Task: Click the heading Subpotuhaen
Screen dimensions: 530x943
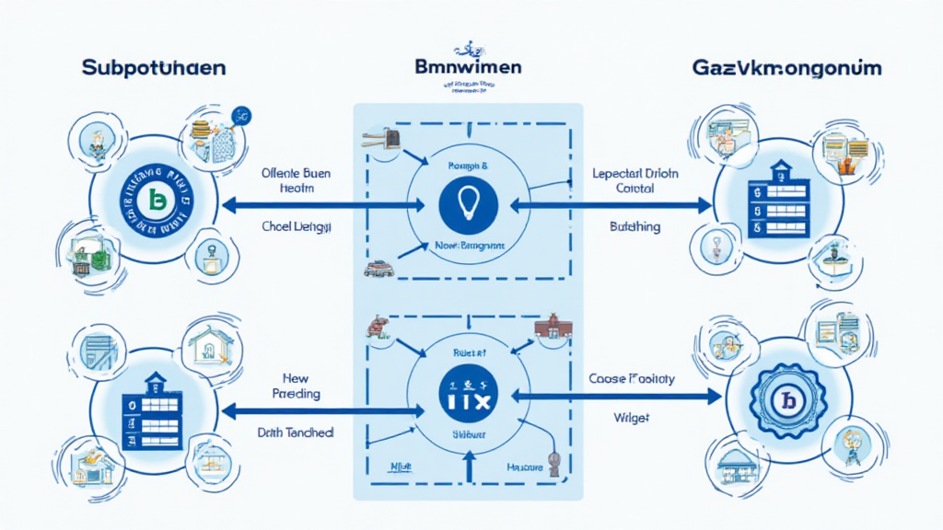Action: tap(152, 69)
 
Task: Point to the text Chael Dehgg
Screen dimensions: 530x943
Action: tap(297, 225)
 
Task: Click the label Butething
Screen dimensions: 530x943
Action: tap(634, 226)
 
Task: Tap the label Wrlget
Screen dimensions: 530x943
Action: tap(631, 417)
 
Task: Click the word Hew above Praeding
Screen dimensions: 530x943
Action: tap(297, 377)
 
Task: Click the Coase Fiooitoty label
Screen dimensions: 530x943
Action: tap(631, 378)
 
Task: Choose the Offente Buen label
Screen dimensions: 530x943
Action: tap(296, 172)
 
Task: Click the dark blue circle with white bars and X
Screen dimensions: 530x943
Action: tap(469, 397)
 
